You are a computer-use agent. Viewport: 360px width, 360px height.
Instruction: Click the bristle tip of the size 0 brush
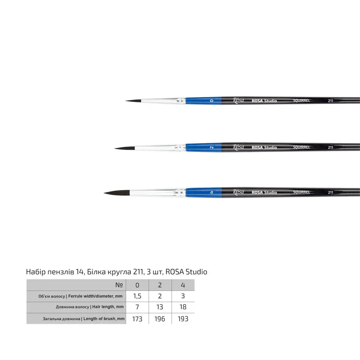[x=126, y=100]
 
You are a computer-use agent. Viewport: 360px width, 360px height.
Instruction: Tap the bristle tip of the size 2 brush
[x=114, y=148]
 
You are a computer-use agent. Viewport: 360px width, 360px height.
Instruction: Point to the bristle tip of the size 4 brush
[x=104, y=193]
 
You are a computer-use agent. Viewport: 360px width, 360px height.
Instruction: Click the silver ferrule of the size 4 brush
[x=158, y=193]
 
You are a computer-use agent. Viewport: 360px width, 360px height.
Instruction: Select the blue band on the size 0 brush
[x=204, y=100]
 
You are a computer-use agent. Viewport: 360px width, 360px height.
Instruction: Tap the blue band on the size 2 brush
[x=204, y=147]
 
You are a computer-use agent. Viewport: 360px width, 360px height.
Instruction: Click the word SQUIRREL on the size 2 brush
[x=302, y=147]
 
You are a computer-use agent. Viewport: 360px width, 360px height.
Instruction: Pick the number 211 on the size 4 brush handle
[x=330, y=192]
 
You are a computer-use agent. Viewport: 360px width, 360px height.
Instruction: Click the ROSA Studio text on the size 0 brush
[x=264, y=100]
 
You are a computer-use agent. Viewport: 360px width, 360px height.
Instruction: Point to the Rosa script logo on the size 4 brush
[x=238, y=192]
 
